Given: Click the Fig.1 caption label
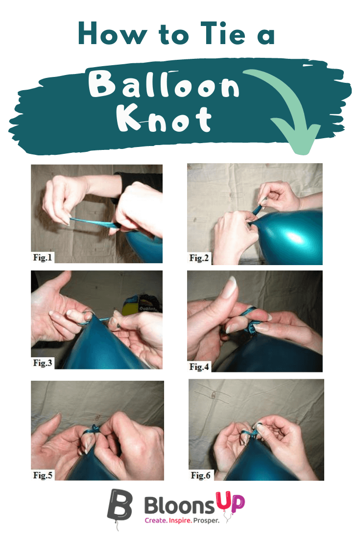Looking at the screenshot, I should pos(43,258).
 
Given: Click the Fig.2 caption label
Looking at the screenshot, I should pos(199,258).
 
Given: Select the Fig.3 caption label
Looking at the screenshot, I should pos(43,363).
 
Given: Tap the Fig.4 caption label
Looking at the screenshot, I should pos(199,366).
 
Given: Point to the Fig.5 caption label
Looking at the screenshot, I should pos(43,474).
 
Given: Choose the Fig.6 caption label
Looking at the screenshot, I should pos(201,475).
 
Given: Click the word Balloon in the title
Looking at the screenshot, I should pos(167,87).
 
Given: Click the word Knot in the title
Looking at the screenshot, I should pos(164,119).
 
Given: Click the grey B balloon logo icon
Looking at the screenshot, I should pos(120,505).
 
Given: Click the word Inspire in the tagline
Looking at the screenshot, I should pos(186,519).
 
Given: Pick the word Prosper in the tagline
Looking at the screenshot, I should pos(218,519).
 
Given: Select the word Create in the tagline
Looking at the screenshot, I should pos(156,519).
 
